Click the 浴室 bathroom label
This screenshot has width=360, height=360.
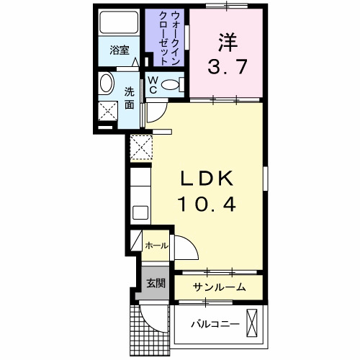click(119, 51)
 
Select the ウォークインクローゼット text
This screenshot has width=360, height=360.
click(166, 38)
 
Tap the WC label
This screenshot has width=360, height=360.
click(153, 84)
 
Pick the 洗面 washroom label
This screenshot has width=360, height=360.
click(130, 98)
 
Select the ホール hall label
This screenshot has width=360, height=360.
click(156, 246)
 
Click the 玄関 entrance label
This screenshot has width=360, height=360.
click(156, 282)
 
